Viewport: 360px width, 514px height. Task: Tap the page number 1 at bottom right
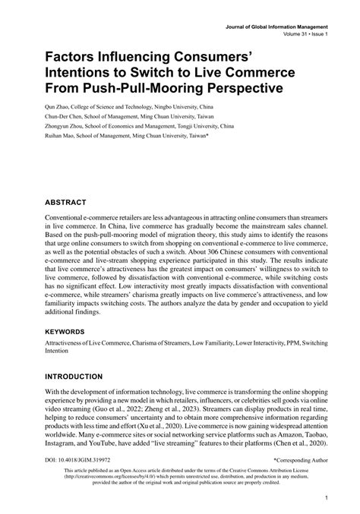point(325,499)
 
